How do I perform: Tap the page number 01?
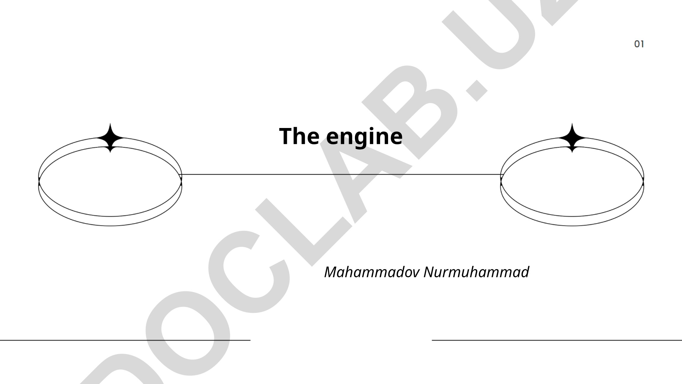pos(639,44)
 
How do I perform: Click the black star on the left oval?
pos(110,138)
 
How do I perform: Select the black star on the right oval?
pos(572,138)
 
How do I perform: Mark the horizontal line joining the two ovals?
pos(341,175)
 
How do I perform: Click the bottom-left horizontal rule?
pos(125,340)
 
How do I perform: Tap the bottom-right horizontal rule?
pos(557,340)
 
